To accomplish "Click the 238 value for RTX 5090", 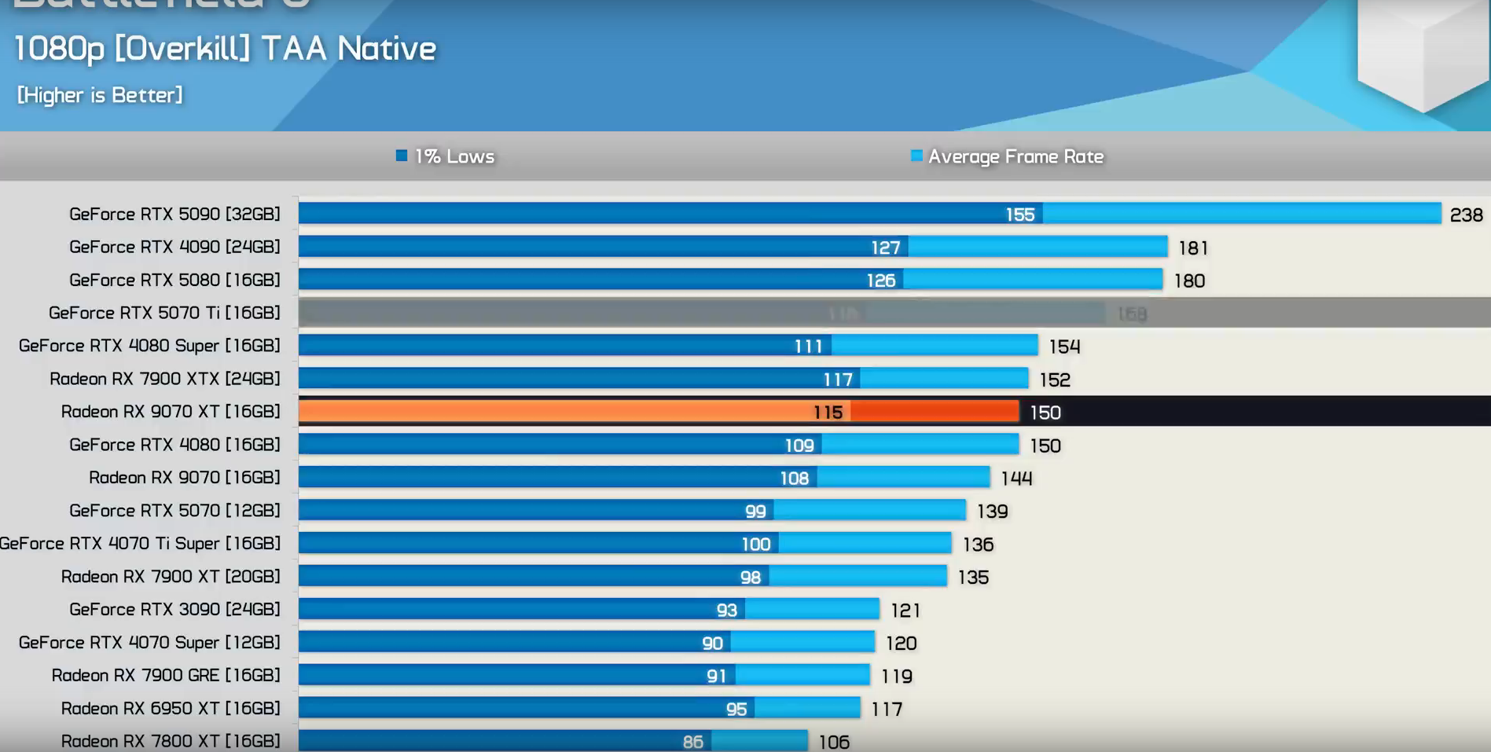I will (1466, 215).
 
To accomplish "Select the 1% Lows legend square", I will (402, 156).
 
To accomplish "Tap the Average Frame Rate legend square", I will (916, 156).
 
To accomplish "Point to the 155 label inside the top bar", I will (1020, 215).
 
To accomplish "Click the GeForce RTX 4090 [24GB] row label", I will (174, 247).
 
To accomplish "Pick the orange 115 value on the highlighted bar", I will (828, 413).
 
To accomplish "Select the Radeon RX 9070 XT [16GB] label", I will (171, 412).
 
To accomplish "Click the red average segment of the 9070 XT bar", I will (934, 412).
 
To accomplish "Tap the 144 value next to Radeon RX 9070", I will (1016, 479).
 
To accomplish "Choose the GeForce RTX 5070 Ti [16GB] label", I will (164, 313).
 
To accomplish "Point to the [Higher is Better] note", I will (100, 95).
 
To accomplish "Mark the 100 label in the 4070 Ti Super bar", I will (756, 545).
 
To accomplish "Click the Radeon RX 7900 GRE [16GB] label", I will (166, 676).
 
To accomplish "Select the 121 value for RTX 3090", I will (905, 611).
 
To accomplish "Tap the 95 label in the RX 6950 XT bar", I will (736, 710).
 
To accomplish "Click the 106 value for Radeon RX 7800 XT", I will (834, 742).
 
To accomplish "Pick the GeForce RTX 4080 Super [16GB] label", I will (149, 346).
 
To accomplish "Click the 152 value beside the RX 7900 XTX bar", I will (1055, 380).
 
